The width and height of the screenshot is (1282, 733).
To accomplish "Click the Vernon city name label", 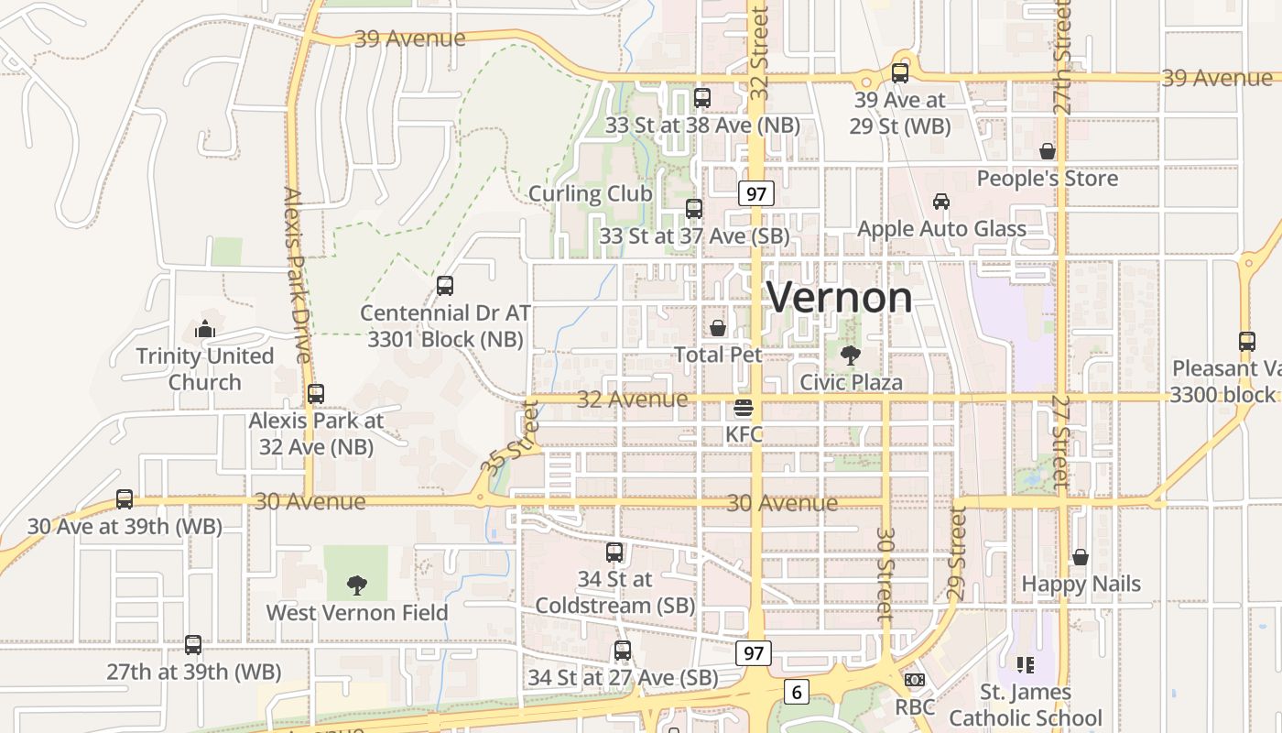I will click(x=839, y=298).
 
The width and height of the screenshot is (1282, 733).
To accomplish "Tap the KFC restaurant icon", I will click(x=744, y=407).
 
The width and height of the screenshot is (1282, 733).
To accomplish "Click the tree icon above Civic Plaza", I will click(x=851, y=355).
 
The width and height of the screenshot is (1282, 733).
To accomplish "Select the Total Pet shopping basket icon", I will click(x=718, y=327).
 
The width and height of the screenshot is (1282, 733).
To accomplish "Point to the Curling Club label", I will click(x=590, y=193).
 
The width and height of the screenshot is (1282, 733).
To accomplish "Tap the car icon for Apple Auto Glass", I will click(x=940, y=202).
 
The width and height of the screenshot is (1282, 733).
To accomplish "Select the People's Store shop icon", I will click(x=1047, y=151).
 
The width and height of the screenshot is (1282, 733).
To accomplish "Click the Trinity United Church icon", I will click(x=205, y=328).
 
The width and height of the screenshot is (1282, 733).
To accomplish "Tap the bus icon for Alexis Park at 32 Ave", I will click(x=316, y=394).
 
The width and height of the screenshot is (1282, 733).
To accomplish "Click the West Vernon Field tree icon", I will click(x=356, y=585).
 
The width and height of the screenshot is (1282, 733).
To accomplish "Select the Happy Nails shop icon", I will click(x=1081, y=556).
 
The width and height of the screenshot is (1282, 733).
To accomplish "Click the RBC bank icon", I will click(x=914, y=680).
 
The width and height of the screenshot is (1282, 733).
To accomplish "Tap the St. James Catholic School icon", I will click(x=1025, y=664).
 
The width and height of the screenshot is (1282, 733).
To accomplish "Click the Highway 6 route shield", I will click(x=797, y=692).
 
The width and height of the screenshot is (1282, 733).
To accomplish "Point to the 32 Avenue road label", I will click(x=632, y=399).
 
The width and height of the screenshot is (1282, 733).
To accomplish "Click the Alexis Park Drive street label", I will click(x=299, y=275).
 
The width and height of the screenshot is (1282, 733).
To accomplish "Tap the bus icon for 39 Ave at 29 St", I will click(x=900, y=73).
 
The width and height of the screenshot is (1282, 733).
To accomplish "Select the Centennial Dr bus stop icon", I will click(x=445, y=286).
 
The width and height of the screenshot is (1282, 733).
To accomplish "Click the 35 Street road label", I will click(x=511, y=438).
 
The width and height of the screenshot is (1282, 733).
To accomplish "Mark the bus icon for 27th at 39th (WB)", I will click(x=193, y=644).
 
